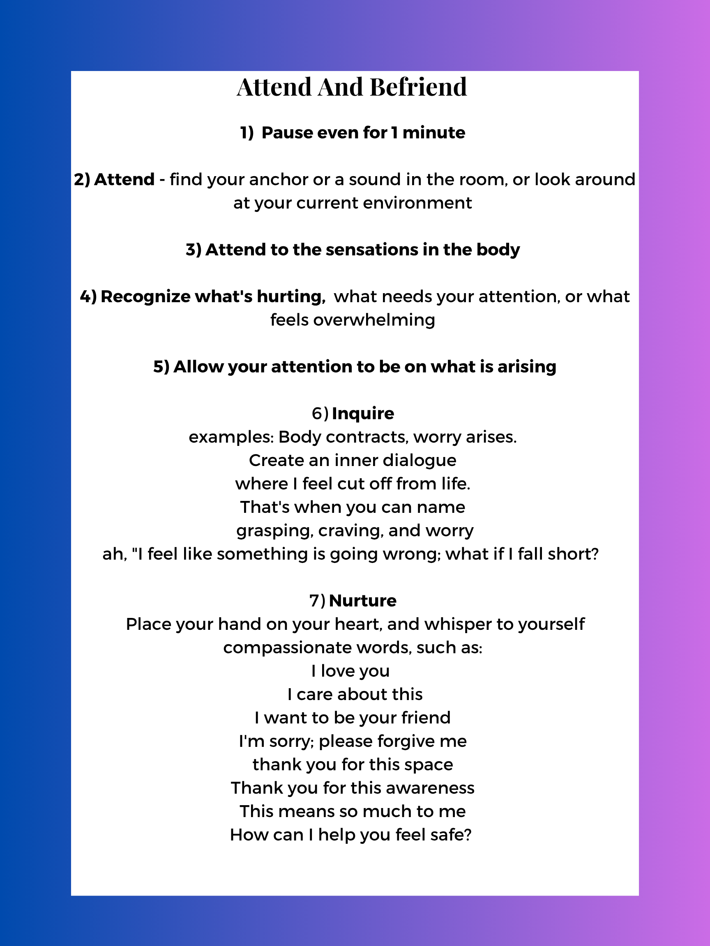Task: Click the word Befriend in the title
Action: point(418,87)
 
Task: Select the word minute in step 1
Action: point(433,133)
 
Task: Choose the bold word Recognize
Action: point(145,296)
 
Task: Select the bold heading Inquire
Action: point(363,413)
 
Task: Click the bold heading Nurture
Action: point(362,601)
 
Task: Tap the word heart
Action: point(358,625)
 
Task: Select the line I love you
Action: point(350,671)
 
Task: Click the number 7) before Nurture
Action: point(317,601)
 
